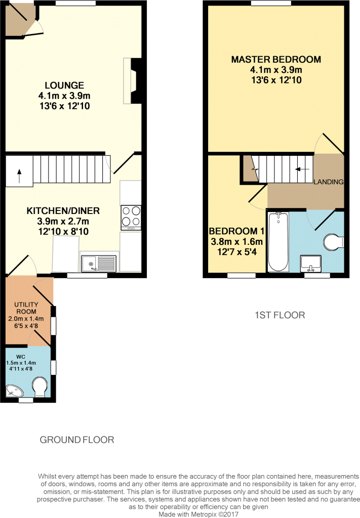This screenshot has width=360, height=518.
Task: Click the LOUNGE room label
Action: pyautogui.click(x=64, y=85)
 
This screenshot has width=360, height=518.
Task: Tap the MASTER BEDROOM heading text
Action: pyautogui.click(x=276, y=60)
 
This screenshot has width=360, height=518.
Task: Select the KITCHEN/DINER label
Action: pyautogui.click(x=63, y=211)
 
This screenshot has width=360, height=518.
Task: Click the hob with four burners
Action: pyautogui.click(x=131, y=218)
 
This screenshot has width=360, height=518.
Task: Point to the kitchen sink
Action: pyautogui.click(x=98, y=264)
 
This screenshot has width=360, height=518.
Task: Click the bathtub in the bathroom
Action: pyautogui.click(x=277, y=242)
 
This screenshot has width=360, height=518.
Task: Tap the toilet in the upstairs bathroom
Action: pyautogui.click(x=334, y=242)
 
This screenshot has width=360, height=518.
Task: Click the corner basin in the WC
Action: pyautogui.click(x=14, y=391)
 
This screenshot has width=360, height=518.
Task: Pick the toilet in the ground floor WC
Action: pyautogui.click(x=40, y=387)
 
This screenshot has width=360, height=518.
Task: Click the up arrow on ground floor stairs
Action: pyautogui.click(x=19, y=176)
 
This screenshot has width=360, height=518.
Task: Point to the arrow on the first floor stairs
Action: pyautogui.click(x=302, y=169)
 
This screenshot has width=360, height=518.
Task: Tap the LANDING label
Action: pyautogui.click(x=329, y=182)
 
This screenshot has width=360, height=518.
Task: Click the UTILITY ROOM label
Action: pyautogui.click(x=26, y=308)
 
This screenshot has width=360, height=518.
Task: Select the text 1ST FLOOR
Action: pyautogui.click(x=279, y=315)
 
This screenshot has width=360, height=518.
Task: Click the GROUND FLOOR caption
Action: pyautogui.click(x=77, y=440)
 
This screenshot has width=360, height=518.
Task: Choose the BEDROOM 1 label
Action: pyautogui.click(x=236, y=231)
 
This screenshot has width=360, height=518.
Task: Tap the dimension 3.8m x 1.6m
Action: pyautogui.click(x=236, y=241)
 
